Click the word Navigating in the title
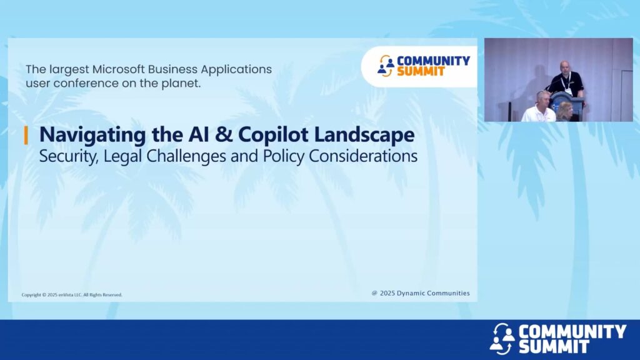(92, 135)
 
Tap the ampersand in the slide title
(223, 135)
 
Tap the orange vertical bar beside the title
(26, 135)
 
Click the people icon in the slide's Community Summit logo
(386, 66)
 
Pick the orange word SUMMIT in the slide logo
(421, 72)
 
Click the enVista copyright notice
(72, 295)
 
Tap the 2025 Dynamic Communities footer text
(421, 293)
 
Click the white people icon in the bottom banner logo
(502, 339)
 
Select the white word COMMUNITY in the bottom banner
(572, 331)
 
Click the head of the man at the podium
(565, 67)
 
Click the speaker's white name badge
(567, 91)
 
